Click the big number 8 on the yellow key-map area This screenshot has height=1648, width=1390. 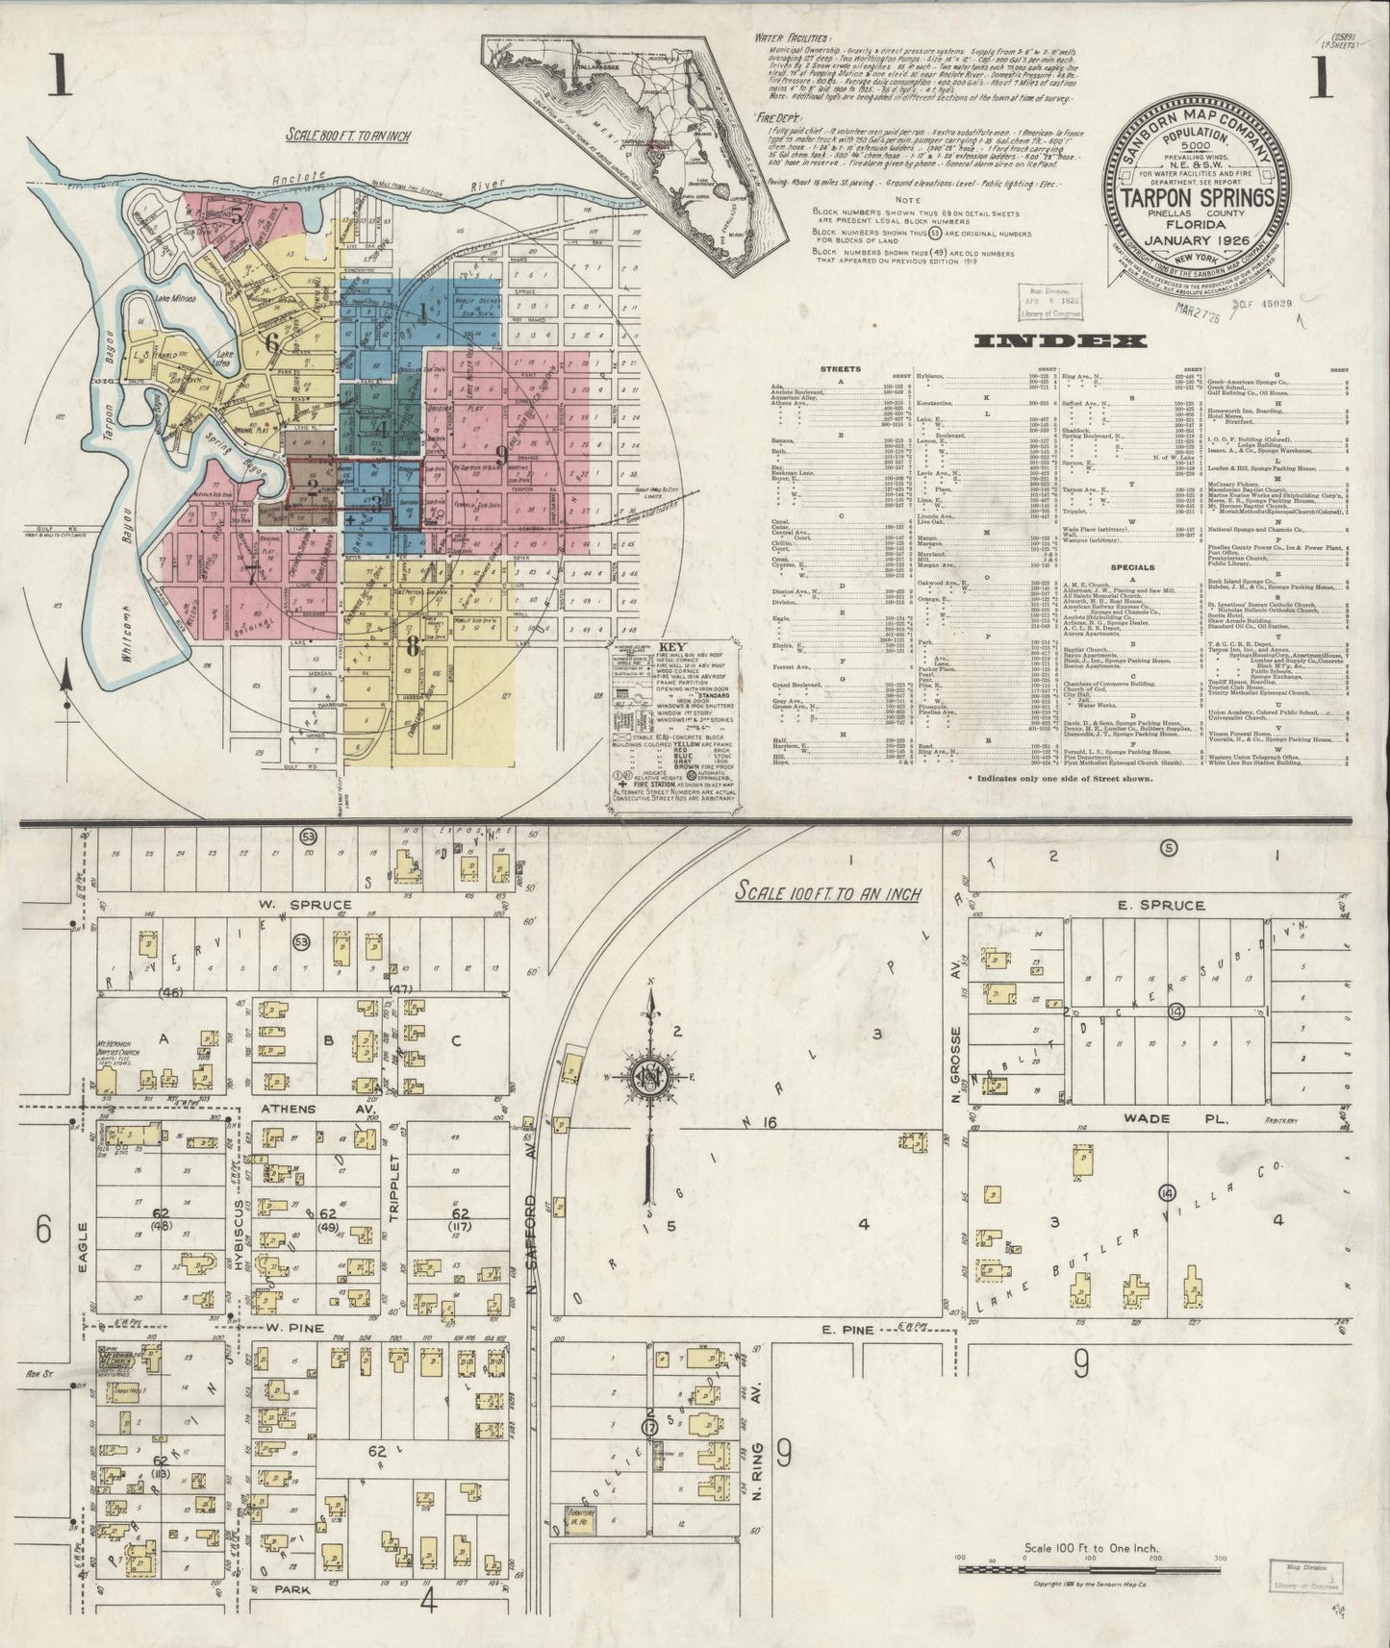413,646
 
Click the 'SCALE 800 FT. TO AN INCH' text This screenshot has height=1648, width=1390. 347,136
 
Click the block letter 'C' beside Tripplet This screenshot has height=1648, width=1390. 456,1039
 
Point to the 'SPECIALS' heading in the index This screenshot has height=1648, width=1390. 1132,567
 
